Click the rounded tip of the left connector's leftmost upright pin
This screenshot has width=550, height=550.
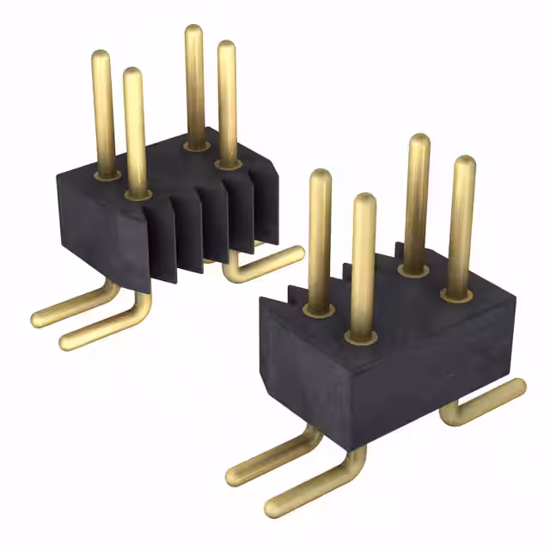click(101, 57)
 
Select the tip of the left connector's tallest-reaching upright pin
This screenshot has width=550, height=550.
click(194, 33)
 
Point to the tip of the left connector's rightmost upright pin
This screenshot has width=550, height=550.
click(227, 47)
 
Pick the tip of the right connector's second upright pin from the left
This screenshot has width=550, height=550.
click(364, 200)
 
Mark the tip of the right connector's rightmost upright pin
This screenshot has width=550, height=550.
click(464, 162)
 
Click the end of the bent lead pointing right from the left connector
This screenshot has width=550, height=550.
click(296, 254)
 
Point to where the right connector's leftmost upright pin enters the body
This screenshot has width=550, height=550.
click(320, 307)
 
